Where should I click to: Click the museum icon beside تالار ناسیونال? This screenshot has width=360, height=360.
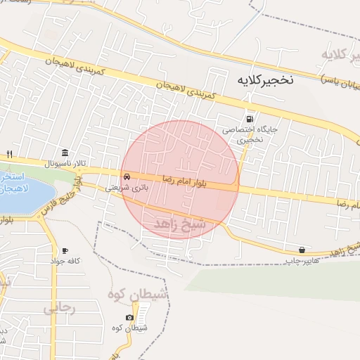(65, 153)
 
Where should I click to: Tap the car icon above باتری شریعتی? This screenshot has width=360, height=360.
(127, 176)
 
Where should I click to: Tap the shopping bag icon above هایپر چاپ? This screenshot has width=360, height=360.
(302, 249)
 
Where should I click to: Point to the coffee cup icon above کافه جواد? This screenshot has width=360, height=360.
(65, 250)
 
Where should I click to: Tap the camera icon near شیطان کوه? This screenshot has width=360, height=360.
(130, 318)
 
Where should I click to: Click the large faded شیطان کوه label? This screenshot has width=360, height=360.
(137, 295)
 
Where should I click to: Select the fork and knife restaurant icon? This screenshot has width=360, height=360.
(10, 153)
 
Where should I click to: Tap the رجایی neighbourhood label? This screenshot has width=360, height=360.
(59, 307)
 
